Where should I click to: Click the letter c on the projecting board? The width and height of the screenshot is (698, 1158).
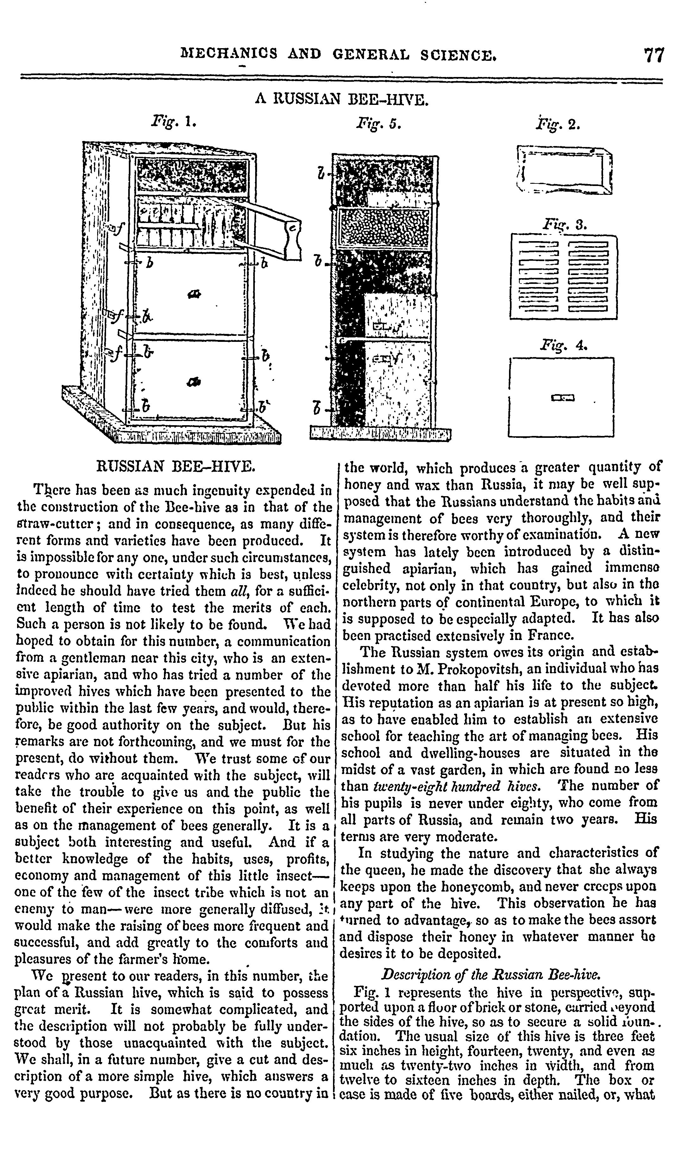[x=292, y=229]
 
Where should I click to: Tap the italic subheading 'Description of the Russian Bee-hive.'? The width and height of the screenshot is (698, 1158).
[x=491, y=974]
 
